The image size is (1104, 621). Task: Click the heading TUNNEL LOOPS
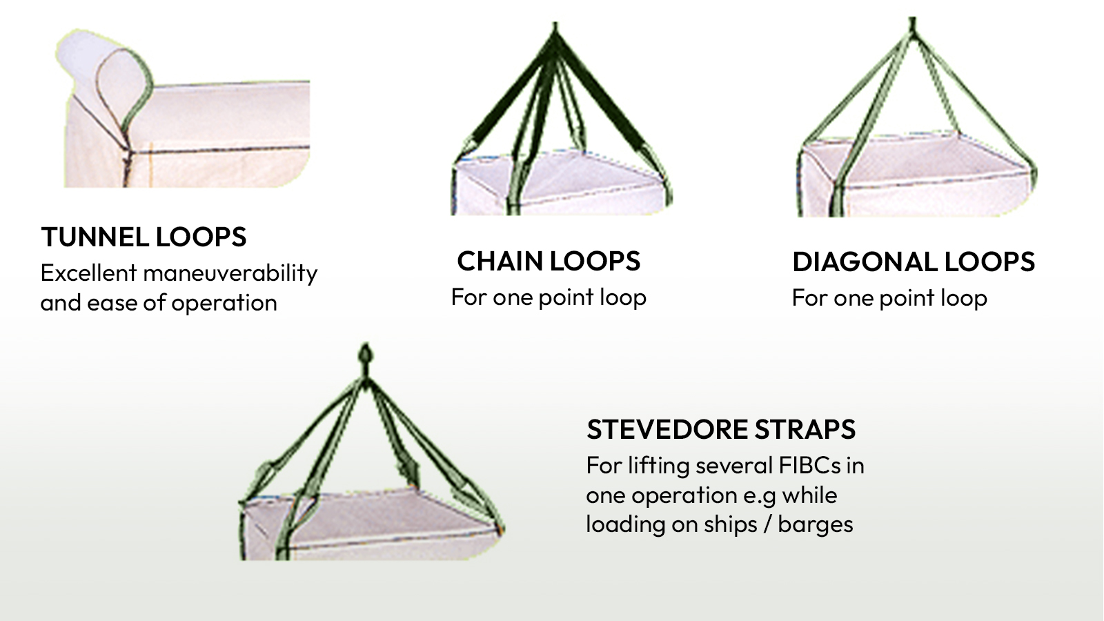144,237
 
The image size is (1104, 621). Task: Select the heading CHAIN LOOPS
549,262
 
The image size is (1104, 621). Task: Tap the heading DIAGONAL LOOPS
914,262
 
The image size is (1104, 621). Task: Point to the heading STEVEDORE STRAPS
721,430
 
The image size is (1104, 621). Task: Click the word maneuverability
230,274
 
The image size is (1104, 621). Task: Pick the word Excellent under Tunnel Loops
88,273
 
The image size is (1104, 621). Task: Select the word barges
816,525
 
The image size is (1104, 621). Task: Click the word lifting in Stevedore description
659,466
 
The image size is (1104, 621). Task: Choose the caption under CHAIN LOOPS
549,297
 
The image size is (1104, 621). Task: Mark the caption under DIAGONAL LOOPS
889,298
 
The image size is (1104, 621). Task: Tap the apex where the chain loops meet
555,34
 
